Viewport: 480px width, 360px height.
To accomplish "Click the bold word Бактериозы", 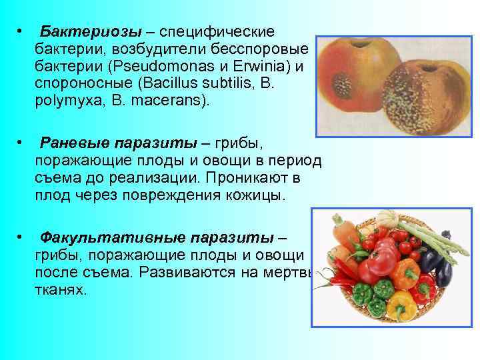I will pos(80,33).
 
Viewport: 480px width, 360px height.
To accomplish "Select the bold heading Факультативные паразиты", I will pos(157,238).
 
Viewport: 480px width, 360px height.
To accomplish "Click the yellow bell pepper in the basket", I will pos(400,303).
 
